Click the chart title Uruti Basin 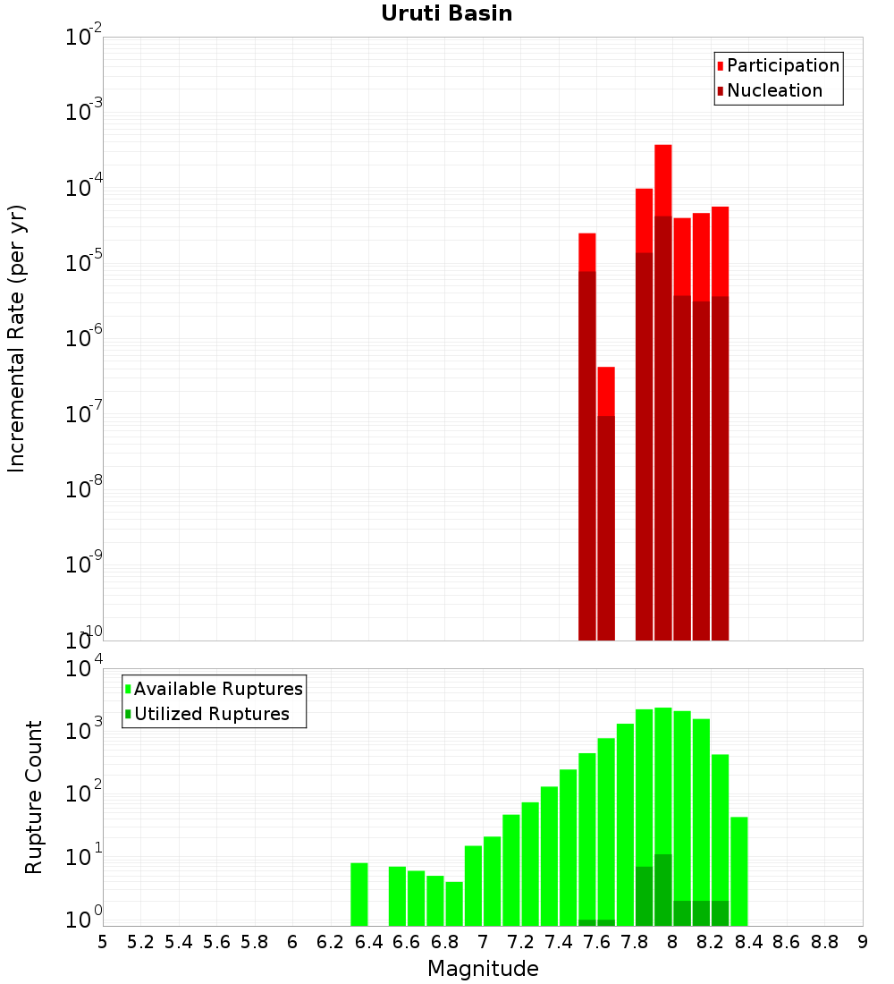tap(446, 13)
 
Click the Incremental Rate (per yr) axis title tap(17, 339)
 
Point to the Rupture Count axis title tap(34, 797)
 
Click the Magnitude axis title tap(483, 969)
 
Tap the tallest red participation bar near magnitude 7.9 tap(662, 179)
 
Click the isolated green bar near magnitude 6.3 tap(358, 895)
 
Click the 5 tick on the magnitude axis tap(103, 942)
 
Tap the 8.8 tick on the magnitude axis tap(825, 942)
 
